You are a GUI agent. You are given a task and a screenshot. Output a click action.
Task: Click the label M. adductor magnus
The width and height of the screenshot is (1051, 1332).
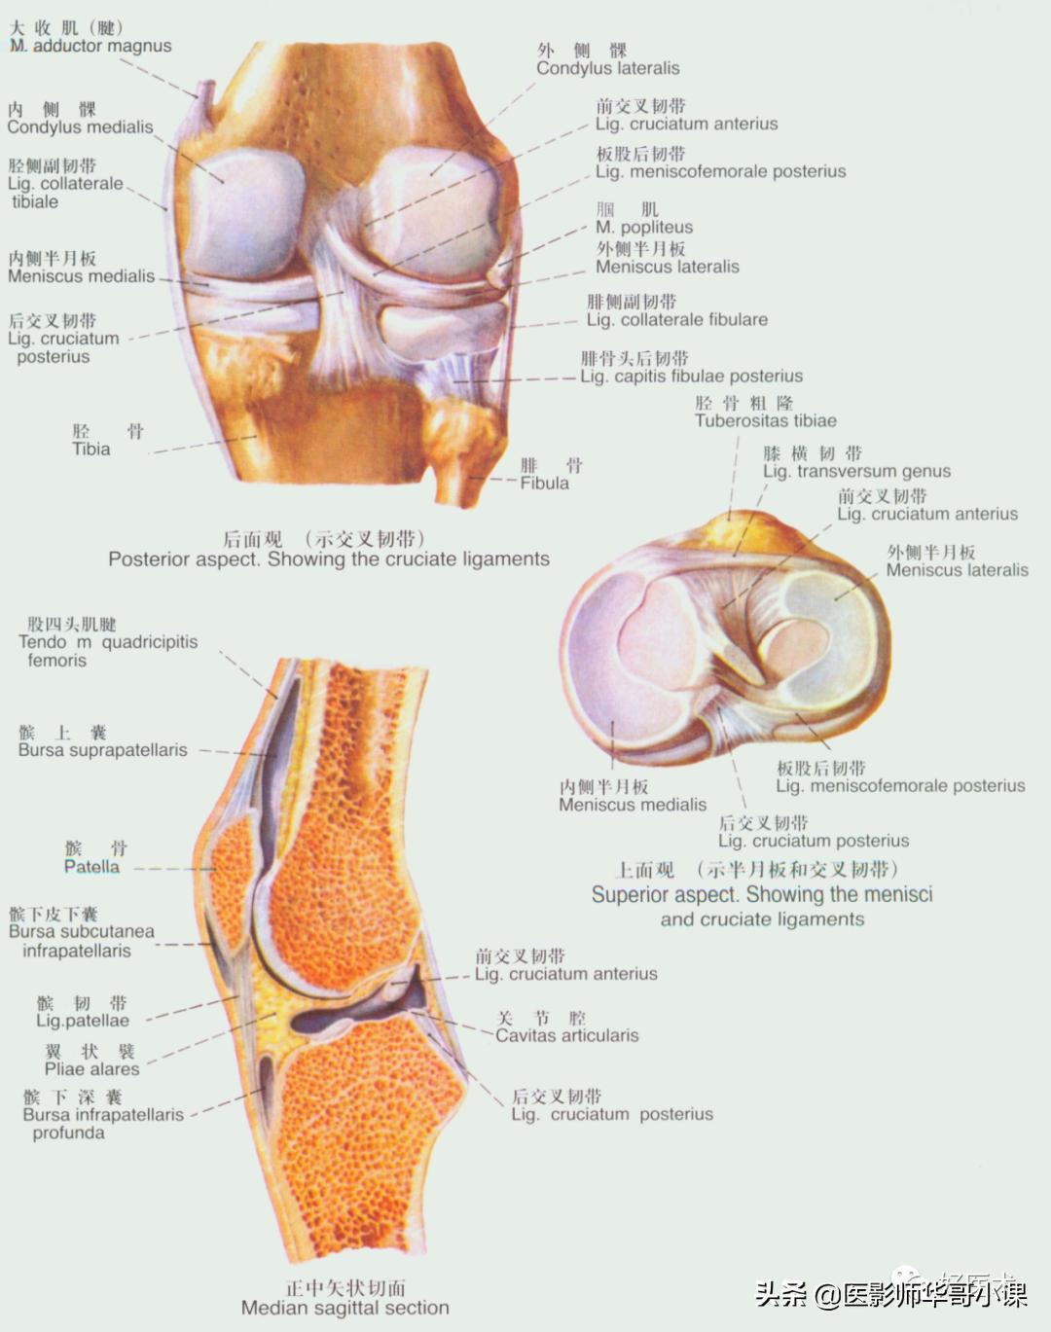(x=91, y=46)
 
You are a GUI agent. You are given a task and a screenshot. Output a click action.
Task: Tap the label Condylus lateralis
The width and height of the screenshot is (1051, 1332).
(x=607, y=68)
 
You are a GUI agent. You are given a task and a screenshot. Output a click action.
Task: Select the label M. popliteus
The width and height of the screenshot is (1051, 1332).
(x=643, y=227)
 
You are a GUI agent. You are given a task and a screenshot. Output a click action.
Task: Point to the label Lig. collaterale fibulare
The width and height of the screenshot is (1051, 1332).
(x=676, y=319)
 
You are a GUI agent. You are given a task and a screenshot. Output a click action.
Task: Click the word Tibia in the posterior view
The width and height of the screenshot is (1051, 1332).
(x=91, y=449)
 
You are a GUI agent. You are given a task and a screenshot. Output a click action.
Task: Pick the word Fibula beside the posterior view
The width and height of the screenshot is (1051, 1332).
(x=544, y=483)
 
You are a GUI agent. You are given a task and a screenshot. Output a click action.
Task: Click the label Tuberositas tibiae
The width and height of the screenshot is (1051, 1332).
(x=765, y=420)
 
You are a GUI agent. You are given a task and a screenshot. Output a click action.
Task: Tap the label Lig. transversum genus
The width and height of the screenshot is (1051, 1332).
(x=856, y=471)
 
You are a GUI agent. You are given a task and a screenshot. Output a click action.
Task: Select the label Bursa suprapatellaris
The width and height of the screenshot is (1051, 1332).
(x=102, y=750)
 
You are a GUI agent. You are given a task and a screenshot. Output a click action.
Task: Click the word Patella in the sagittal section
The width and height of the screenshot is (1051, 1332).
(x=91, y=866)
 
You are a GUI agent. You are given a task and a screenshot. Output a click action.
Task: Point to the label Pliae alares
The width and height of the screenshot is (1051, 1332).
(x=91, y=1068)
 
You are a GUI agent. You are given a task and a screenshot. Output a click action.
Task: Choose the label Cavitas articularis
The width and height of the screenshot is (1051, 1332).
(x=566, y=1035)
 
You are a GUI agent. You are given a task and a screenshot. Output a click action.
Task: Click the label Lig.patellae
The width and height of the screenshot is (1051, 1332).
(x=82, y=1020)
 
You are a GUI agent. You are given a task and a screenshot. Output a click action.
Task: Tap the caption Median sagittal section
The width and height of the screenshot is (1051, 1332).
(x=344, y=1308)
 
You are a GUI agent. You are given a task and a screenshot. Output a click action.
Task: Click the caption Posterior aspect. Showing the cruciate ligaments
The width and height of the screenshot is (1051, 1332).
(x=328, y=558)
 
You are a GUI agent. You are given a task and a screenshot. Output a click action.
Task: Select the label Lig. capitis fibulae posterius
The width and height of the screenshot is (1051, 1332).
(x=691, y=376)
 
